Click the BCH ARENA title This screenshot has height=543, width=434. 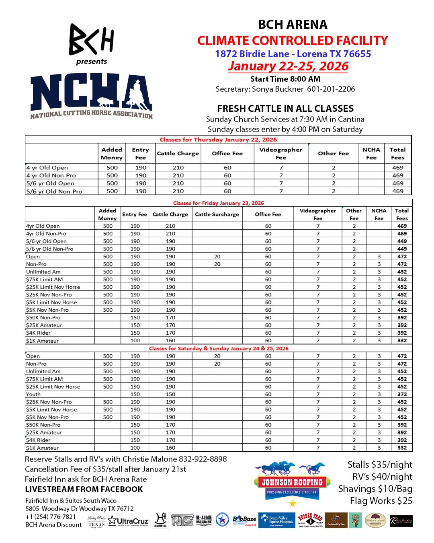click(x=293, y=25)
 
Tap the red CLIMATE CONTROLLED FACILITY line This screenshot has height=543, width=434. click(x=293, y=41)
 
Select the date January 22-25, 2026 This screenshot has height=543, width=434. click(x=288, y=66)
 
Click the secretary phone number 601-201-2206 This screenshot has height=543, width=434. click(x=331, y=89)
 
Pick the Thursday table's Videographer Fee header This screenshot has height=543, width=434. click(x=280, y=153)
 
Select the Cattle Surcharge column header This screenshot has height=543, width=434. click(x=217, y=214)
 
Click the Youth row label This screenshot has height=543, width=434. click(x=33, y=394)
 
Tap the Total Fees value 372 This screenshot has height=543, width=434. click(x=402, y=394)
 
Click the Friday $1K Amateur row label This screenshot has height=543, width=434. click(x=42, y=341)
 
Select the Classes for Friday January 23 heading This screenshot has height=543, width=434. click(x=218, y=203)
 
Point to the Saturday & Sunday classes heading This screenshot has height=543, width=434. click(x=219, y=348)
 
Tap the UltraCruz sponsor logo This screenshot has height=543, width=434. click(x=129, y=521)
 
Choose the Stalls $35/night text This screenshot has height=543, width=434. click(x=380, y=465)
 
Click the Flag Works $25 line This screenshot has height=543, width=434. click(x=381, y=501)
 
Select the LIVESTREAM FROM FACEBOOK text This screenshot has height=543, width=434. click(x=84, y=490)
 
